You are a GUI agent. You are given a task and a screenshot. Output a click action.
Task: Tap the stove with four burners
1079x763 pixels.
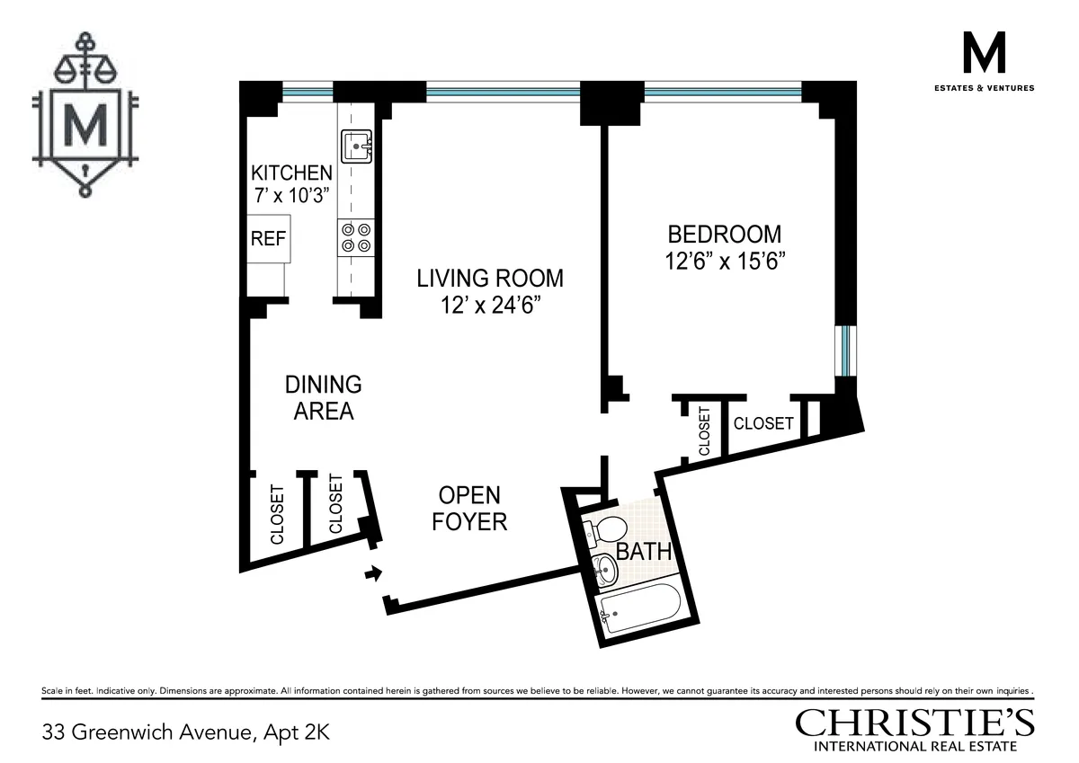pos(354,237)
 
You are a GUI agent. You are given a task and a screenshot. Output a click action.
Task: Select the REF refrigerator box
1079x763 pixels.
pos(268,239)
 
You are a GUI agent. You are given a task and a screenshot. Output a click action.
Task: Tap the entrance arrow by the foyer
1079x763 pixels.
pos(371,572)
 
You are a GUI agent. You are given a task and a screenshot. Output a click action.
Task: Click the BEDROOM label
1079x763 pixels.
pos(724,235)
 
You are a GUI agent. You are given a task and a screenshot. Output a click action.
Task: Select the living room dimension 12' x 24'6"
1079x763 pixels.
pos(489,306)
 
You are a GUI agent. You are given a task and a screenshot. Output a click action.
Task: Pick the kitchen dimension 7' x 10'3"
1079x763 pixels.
pos(291,196)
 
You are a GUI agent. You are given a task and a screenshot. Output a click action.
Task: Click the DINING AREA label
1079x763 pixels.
pos(323,397)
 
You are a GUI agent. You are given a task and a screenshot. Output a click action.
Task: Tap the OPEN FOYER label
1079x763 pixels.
pos(469,508)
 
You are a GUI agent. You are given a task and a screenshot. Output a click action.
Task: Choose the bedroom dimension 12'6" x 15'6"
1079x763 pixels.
pos(727,263)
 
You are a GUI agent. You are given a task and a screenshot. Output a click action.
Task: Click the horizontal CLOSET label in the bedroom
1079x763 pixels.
pos(763,423)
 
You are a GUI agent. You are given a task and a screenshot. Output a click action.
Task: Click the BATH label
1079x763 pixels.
pos(644,551)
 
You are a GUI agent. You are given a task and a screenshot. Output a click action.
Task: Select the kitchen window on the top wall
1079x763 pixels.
pos(308,91)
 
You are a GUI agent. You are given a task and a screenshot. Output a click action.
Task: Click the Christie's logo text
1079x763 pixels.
pos(914,723)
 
